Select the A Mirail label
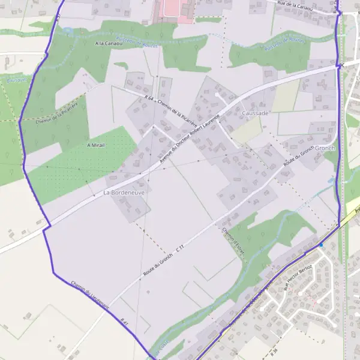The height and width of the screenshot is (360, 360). [96, 145]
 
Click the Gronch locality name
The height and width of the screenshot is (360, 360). [324, 148]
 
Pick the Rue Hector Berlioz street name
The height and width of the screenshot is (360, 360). [299, 277]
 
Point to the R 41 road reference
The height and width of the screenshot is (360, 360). [125, 322]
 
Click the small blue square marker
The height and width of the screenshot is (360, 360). [320, 244]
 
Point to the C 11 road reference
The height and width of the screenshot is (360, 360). [179, 247]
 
